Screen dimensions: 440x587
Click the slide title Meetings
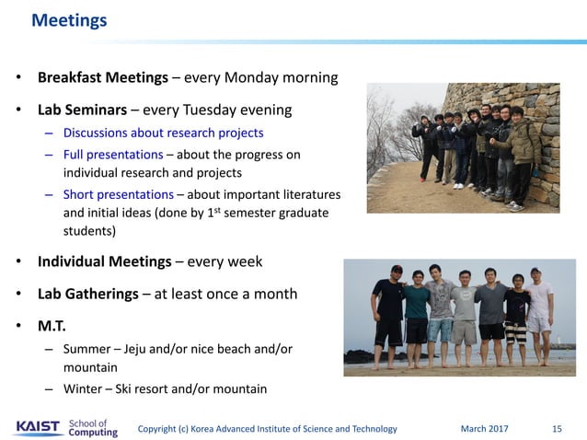(x=69, y=19)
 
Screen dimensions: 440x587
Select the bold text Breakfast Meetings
(x=102, y=77)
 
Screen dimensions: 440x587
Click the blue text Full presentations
(x=113, y=155)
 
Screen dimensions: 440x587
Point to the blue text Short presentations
(x=118, y=194)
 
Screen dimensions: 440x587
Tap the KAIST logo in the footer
(x=37, y=427)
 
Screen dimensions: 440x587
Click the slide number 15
(x=557, y=428)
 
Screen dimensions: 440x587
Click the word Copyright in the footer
(x=161, y=428)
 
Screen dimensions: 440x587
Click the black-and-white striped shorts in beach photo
(x=515, y=333)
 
